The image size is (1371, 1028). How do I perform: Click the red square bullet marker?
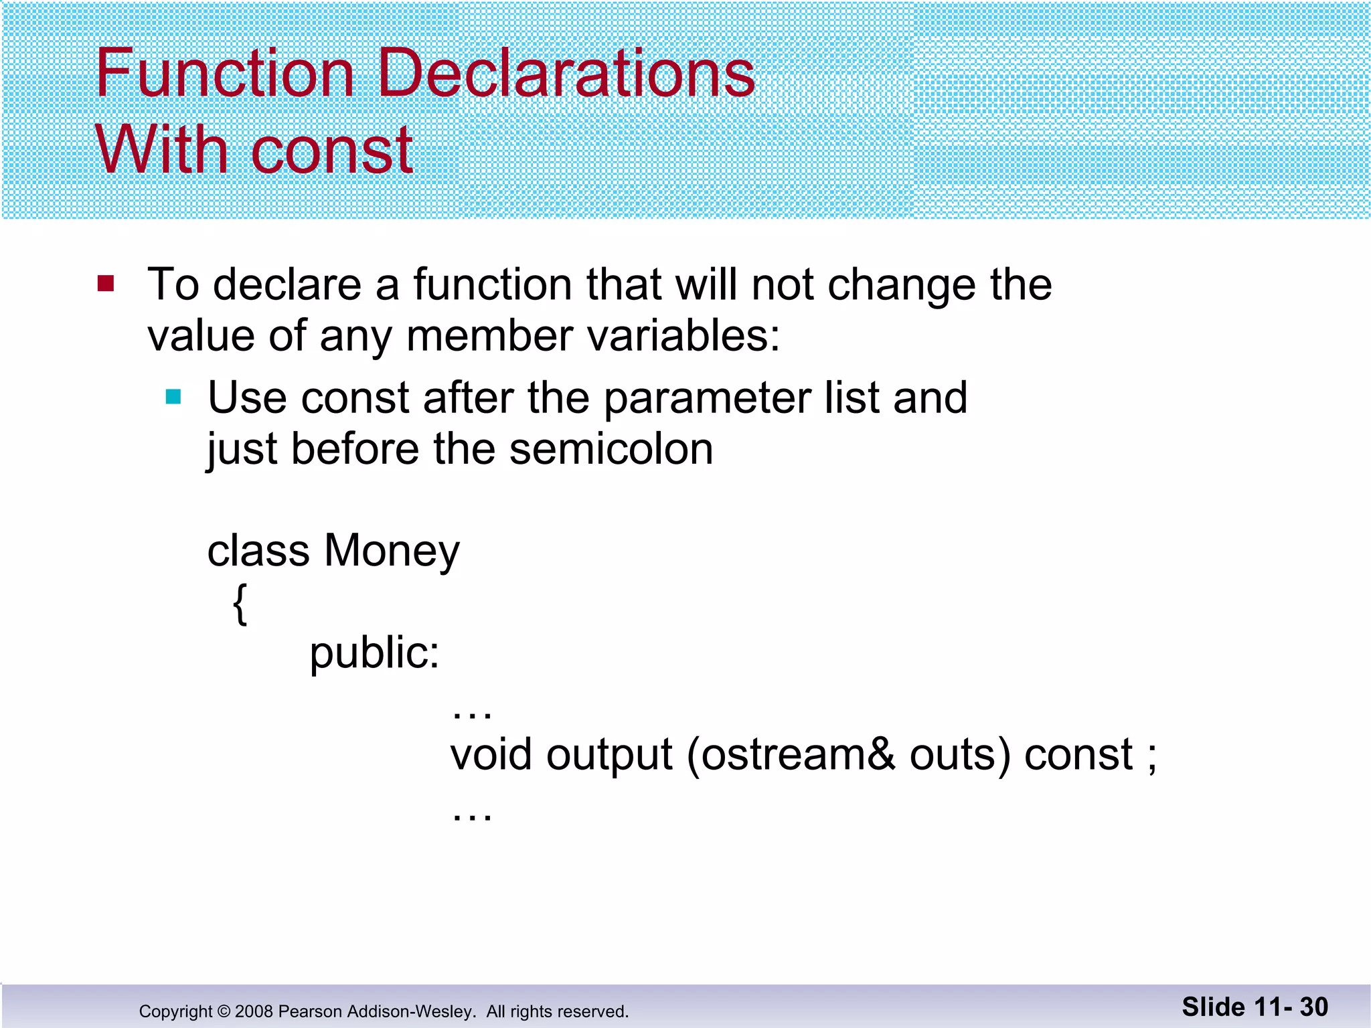[106, 284]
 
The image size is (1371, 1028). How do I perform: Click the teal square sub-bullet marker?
[173, 398]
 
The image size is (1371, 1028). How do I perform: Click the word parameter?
[707, 399]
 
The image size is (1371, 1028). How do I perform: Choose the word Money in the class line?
[392, 551]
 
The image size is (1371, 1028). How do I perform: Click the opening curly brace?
[240, 604]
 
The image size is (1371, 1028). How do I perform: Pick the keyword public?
[374, 653]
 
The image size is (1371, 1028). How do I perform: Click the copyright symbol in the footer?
[224, 1011]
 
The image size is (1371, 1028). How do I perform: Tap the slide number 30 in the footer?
[1313, 1007]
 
